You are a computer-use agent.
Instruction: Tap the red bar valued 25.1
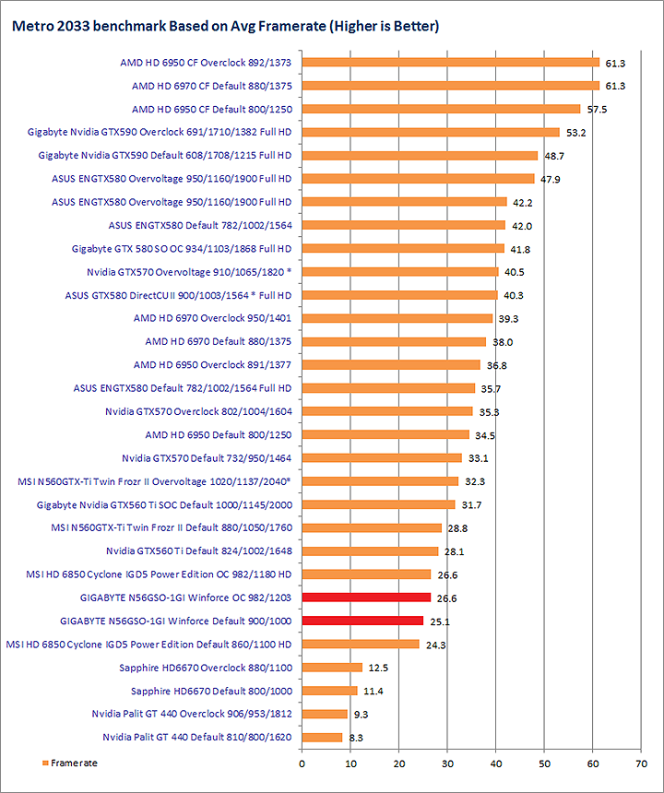(362, 621)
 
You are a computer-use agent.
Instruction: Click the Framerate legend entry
(69, 763)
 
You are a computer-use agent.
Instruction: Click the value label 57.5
(599, 110)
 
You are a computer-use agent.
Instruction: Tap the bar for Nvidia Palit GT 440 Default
(322, 737)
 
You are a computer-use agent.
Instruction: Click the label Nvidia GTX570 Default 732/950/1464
(207, 457)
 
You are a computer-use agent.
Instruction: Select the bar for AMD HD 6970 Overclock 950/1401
(397, 318)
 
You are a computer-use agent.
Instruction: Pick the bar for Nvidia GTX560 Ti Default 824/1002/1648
(370, 550)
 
